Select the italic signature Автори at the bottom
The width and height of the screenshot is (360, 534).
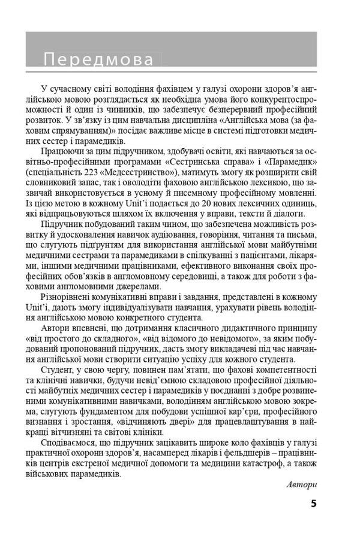point(301,484)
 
